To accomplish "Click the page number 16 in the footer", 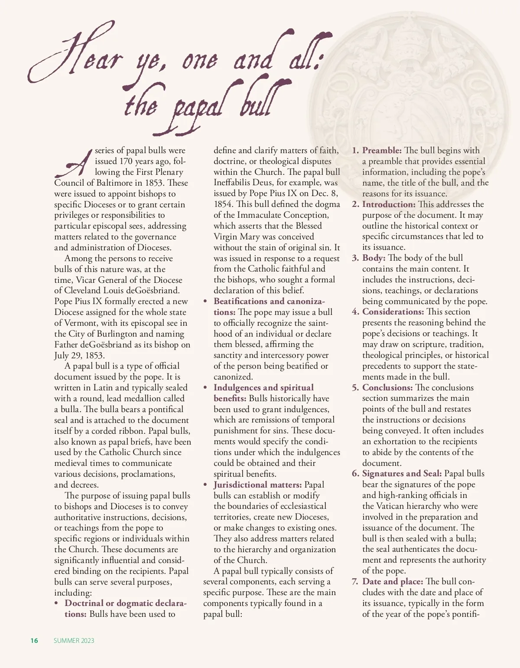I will pos(34,641).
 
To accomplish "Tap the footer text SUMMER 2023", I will pos(74,641).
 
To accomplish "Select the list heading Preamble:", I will pos(382,151).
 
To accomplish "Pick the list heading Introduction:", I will pos(389,204).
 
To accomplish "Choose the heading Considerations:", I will pos(393,312).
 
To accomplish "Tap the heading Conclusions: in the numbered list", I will pos(387,387).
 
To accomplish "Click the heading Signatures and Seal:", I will pos(402,473).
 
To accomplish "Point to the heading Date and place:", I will pos(393,581).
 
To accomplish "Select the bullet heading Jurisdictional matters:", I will pos(257,485).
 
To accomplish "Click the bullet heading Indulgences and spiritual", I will pos(263,387).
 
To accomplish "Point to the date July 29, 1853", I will pos(79,355).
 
